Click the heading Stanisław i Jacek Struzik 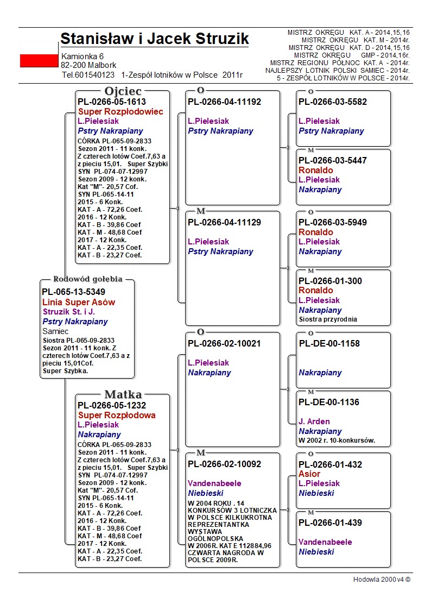tap(154, 39)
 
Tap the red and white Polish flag tap(39, 60)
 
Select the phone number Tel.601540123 tap(88, 75)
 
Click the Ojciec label tap(123, 91)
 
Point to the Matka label tap(123, 394)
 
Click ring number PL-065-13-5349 tap(73, 292)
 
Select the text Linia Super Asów tap(79, 302)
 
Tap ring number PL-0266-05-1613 tap(111, 102)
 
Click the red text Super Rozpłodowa tap(117, 415)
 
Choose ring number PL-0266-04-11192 tap(224, 102)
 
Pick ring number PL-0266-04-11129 tap(224, 222)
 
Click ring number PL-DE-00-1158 tap(329, 343)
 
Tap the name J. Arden tap(314, 422)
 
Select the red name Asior tap(309, 474)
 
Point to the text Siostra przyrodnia tap(328, 319)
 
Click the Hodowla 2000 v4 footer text tap(382, 580)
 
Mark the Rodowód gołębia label tap(87, 279)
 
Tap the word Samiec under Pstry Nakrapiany tap(55, 331)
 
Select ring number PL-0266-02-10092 tap(224, 464)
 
